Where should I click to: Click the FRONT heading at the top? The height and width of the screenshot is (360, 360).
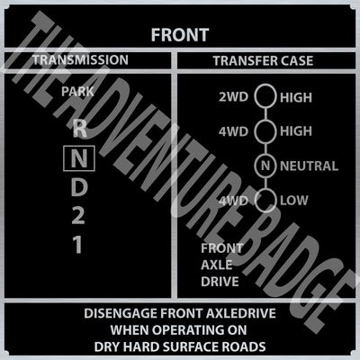click(180, 35)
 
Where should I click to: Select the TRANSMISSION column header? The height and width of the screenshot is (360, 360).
click(80, 59)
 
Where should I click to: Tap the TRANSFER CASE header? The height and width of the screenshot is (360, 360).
click(263, 61)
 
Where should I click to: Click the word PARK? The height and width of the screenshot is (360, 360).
click(77, 92)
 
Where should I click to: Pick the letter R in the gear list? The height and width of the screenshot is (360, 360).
click(79, 129)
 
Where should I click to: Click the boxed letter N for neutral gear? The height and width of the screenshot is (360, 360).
click(79, 158)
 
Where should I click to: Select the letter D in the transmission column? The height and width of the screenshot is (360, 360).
click(79, 188)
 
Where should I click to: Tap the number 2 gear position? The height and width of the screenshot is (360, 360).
click(78, 216)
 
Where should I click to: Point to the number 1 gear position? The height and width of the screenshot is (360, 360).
click(77, 244)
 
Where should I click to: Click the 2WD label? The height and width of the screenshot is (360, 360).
click(233, 97)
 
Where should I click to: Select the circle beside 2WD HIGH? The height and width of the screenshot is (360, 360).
click(265, 85)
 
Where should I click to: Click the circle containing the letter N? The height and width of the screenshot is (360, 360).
click(265, 156)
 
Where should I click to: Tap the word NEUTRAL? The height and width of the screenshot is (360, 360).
click(309, 166)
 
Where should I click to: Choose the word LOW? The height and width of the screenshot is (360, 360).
click(294, 201)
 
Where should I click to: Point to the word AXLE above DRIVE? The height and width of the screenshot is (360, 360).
click(217, 265)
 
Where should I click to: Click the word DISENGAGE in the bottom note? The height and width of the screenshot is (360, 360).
click(121, 313)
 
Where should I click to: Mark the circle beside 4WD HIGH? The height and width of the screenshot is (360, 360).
click(265, 121)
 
